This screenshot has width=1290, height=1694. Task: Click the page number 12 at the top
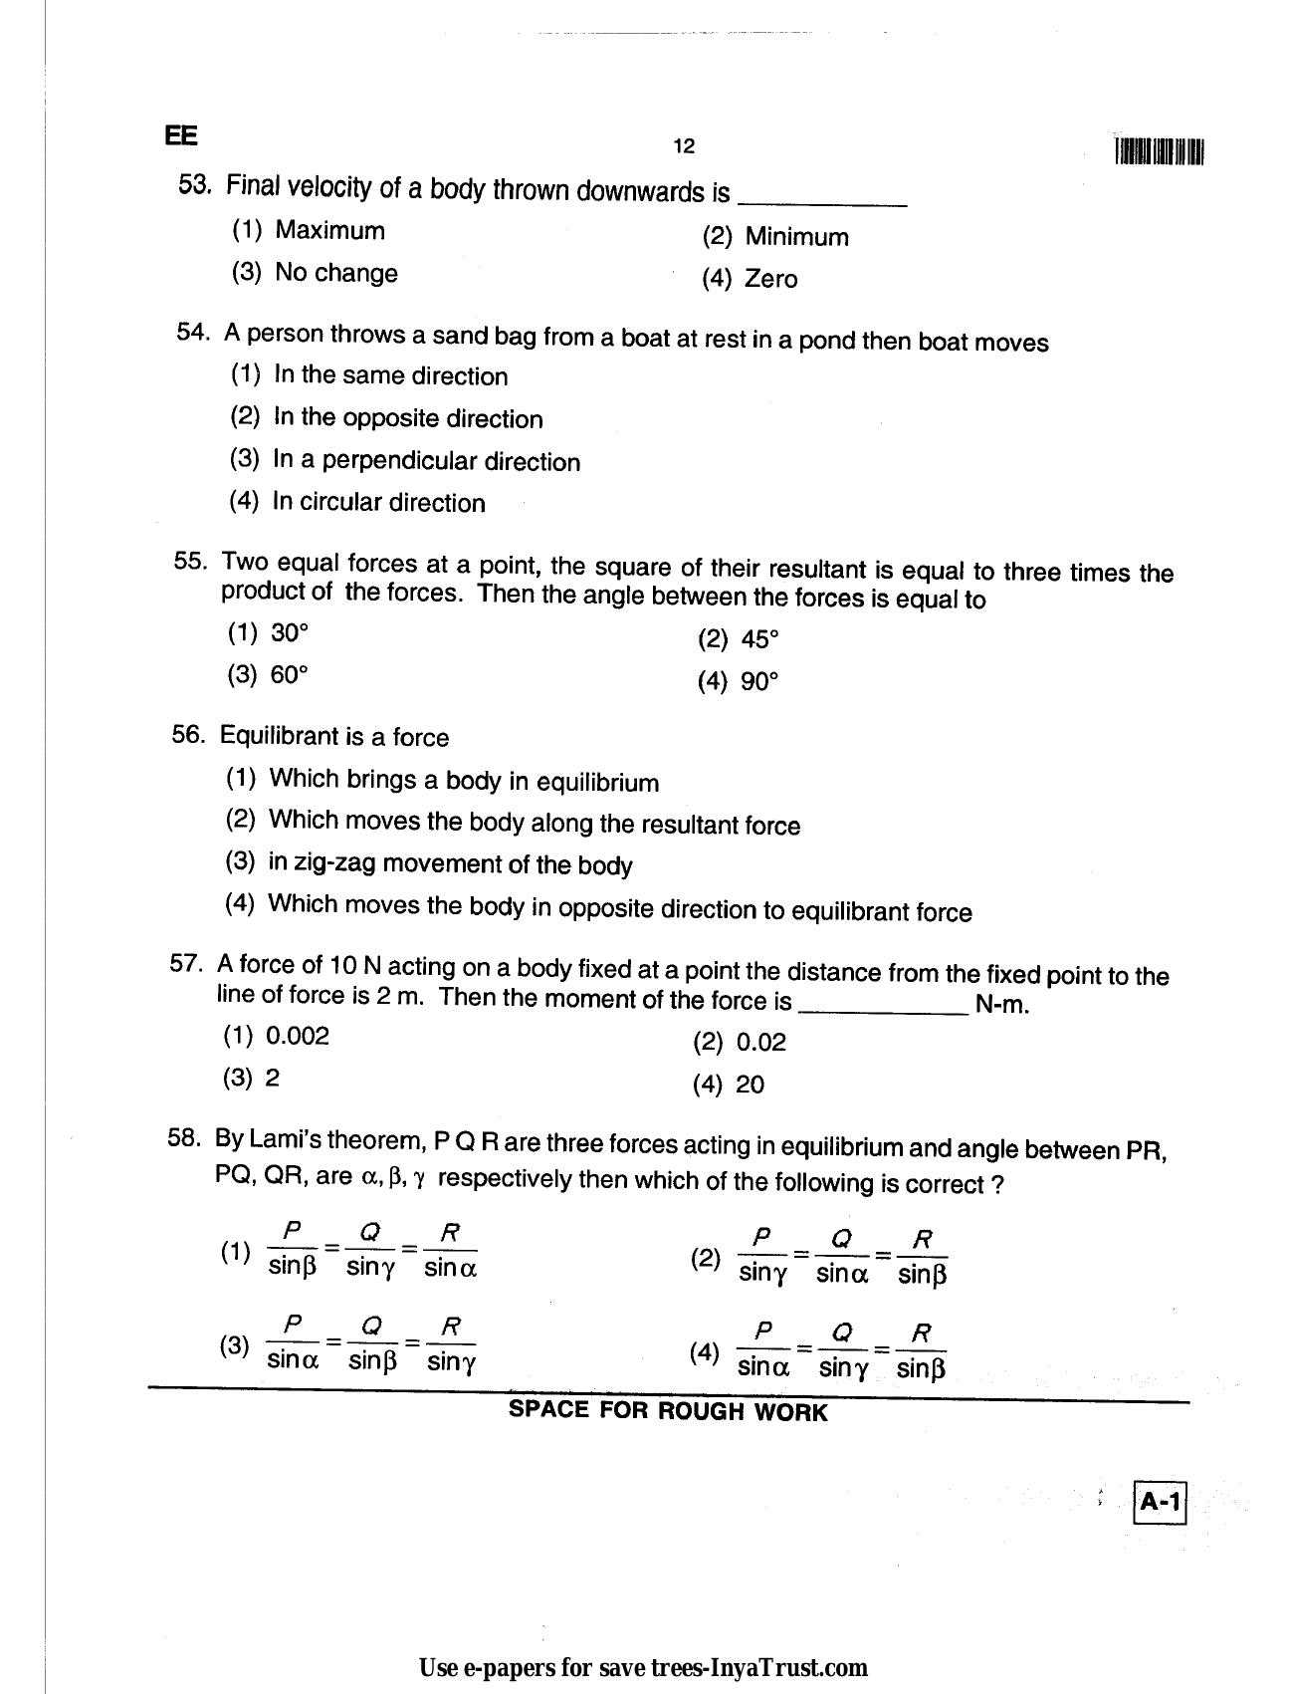pyautogui.click(x=683, y=146)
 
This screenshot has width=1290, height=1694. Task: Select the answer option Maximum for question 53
pyautogui.click(x=328, y=230)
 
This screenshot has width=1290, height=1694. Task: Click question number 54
pyautogui.click(x=192, y=333)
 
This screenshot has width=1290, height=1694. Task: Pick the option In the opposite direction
pyautogui.click(x=407, y=418)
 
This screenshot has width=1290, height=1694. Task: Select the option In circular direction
pyautogui.click(x=378, y=502)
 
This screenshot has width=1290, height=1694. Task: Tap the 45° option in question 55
pyautogui.click(x=758, y=639)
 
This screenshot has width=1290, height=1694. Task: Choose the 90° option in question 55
pyautogui.click(x=758, y=682)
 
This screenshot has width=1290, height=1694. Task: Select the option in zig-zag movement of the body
pyautogui.click(x=449, y=863)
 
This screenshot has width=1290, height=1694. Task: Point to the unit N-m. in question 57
pyautogui.click(x=1002, y=1005)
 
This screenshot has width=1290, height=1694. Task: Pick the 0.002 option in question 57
pyautogui.click(x=297, y=1036)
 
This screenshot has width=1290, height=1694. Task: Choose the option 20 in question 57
pyautogui.click(x=750, y=1085)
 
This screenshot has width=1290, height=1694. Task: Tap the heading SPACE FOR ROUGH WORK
pyautogui.click(x=667, y=1411)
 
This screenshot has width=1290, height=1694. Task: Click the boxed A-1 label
pyautogui.click(x=1160, y=1502)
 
